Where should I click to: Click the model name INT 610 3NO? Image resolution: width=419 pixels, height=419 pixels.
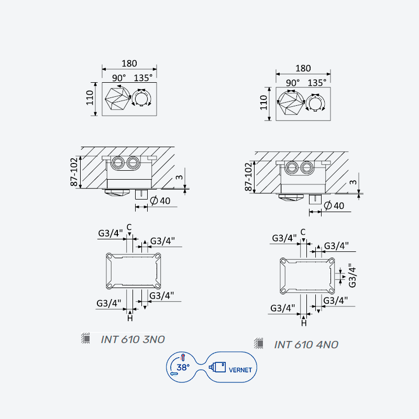133,339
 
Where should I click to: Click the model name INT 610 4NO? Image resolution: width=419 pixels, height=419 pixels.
306,345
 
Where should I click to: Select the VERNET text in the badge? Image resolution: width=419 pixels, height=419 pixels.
240,370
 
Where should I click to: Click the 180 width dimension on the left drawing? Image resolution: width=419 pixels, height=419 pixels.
129,63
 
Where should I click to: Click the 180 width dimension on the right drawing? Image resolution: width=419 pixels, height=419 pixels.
303,69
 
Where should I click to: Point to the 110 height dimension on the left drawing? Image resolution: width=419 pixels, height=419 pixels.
90,98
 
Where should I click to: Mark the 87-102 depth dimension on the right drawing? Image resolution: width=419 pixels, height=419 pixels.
248,177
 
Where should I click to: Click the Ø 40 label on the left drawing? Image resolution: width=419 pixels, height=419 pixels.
160,201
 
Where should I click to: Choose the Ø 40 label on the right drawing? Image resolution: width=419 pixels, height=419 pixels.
334,205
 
